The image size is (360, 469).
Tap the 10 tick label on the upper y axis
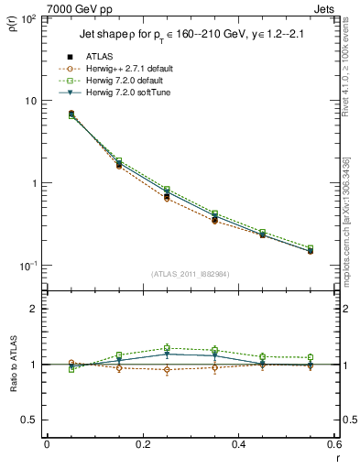tap(28, 100)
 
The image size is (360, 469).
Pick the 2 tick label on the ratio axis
tap(32, 309)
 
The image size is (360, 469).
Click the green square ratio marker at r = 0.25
tap(167, 348)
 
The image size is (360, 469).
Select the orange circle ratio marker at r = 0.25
tap(167, 370)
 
